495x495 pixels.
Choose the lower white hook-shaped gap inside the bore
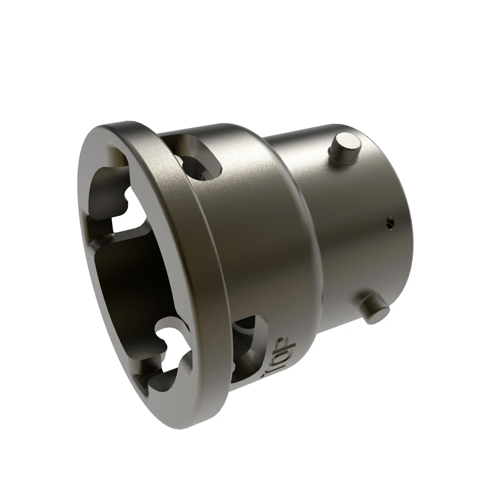(169, 354)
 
